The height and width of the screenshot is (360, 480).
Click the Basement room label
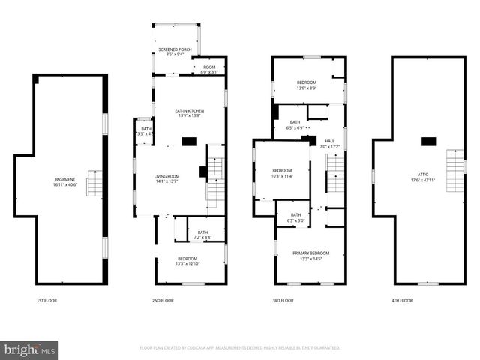pos(65,181)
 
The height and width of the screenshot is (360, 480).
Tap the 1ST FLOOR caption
pos(46,300)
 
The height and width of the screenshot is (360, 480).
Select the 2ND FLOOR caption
pos(163,300)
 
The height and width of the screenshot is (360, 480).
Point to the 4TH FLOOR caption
pos(401,300)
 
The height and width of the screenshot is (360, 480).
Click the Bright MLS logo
pos(30,349)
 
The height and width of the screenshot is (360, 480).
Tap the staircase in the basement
pos(94,184)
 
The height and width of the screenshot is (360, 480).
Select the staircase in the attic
pos(454,171)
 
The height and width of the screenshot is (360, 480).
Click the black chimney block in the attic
pos(428,141)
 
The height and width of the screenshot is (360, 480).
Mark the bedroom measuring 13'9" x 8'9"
pos(306,84)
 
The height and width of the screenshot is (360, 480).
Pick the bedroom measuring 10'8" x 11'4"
pos(282,172)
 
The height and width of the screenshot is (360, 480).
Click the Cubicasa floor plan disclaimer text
pos(240,348)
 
